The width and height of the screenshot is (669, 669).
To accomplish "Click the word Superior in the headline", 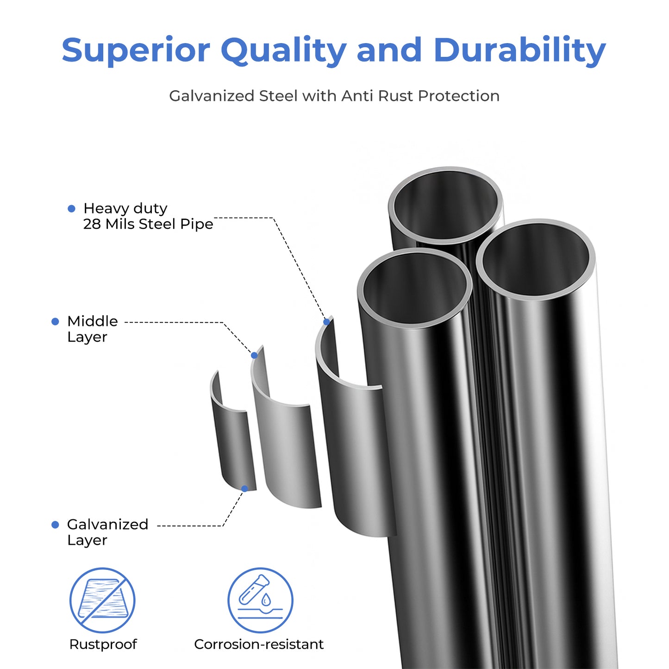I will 136,50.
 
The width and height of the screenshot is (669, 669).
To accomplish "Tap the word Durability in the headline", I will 519,50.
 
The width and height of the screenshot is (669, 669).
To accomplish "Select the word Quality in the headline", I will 283,51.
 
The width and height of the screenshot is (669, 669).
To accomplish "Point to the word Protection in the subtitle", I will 458,96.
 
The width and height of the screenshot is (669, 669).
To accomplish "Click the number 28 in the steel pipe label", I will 92,224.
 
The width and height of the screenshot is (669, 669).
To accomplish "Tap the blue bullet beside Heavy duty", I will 71,209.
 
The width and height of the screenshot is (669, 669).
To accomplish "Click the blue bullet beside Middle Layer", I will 55,321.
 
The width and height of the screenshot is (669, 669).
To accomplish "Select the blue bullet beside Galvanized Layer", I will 55,525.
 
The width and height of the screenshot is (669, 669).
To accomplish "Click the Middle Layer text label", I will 92,329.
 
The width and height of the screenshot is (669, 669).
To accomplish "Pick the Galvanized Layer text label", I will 107,532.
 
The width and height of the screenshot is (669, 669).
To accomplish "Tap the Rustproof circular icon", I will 102,600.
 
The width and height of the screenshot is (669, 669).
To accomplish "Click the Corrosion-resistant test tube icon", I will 260,600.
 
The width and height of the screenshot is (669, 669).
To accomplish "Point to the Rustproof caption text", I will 103,644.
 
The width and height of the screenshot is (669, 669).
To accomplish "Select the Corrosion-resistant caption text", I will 259,644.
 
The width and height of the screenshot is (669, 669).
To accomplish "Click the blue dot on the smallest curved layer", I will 245,488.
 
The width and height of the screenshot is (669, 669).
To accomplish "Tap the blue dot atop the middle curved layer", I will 254,355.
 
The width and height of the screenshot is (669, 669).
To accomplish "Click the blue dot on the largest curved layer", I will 327,322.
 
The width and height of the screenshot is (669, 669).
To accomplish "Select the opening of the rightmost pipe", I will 535,259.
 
